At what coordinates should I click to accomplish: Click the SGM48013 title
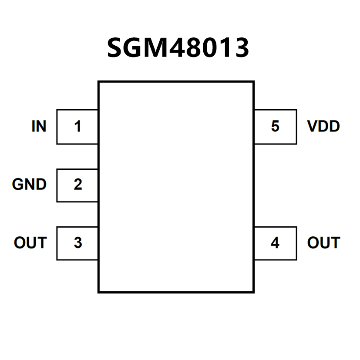(x=178, y=48)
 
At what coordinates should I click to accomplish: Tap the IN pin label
(x=39, y=127)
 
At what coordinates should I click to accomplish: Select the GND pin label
(x=29, y=185)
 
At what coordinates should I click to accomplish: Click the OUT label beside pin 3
(x=30, y=242)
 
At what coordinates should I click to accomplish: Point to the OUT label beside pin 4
(x=323, y=242)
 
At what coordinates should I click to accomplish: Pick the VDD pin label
(x=323, y=127)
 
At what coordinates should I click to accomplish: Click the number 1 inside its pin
(x=78, y=127)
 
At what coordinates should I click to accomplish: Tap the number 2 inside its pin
(x=78, y=185)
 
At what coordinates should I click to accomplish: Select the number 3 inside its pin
(x=78, y=242)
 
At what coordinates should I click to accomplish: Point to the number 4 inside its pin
(x=275, y=242)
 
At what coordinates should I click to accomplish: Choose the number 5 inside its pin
(x=275, y=127)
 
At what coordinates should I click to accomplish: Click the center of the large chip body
(x=176, y=186)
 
